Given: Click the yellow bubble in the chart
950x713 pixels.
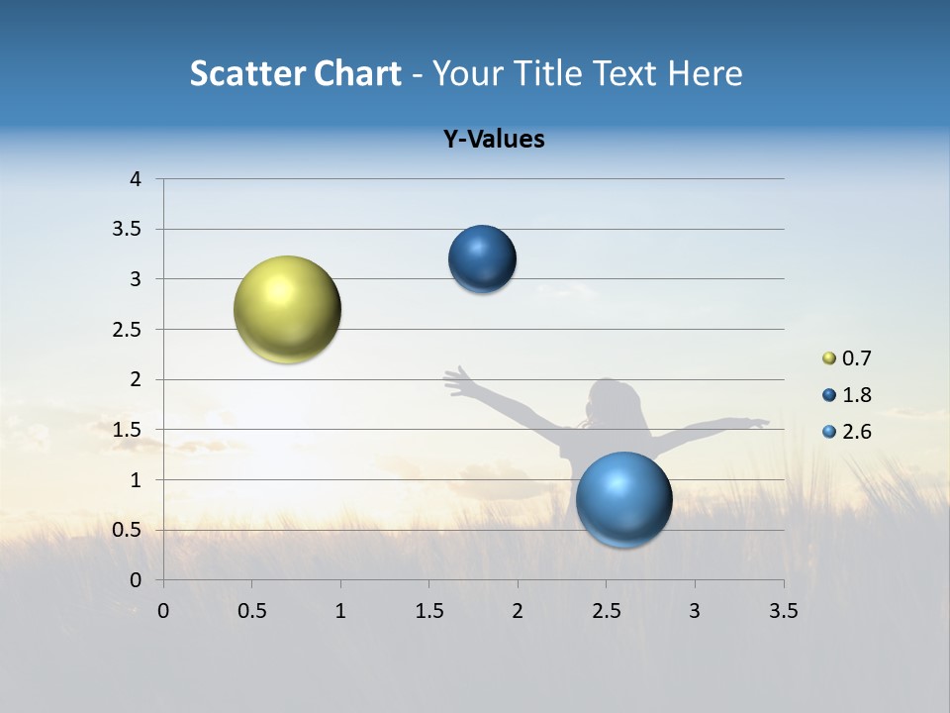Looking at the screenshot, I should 287,309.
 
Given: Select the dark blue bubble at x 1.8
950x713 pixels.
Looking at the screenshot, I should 482,259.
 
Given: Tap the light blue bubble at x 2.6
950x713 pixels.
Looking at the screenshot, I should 623,499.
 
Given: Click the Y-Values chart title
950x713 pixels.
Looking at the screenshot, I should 494,139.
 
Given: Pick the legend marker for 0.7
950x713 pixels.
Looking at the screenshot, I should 829,358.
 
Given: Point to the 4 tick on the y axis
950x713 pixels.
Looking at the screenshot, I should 137,179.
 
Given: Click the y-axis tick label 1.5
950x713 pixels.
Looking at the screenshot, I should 128,430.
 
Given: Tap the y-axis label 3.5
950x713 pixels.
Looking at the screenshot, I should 128,229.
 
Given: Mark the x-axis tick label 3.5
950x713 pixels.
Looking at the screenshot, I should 783,611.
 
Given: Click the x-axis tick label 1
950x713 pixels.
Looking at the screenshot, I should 340,611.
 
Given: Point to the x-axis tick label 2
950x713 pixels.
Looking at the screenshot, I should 518,611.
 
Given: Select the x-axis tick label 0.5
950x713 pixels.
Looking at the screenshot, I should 252,611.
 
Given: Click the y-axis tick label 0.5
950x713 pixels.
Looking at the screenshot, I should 128,530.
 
